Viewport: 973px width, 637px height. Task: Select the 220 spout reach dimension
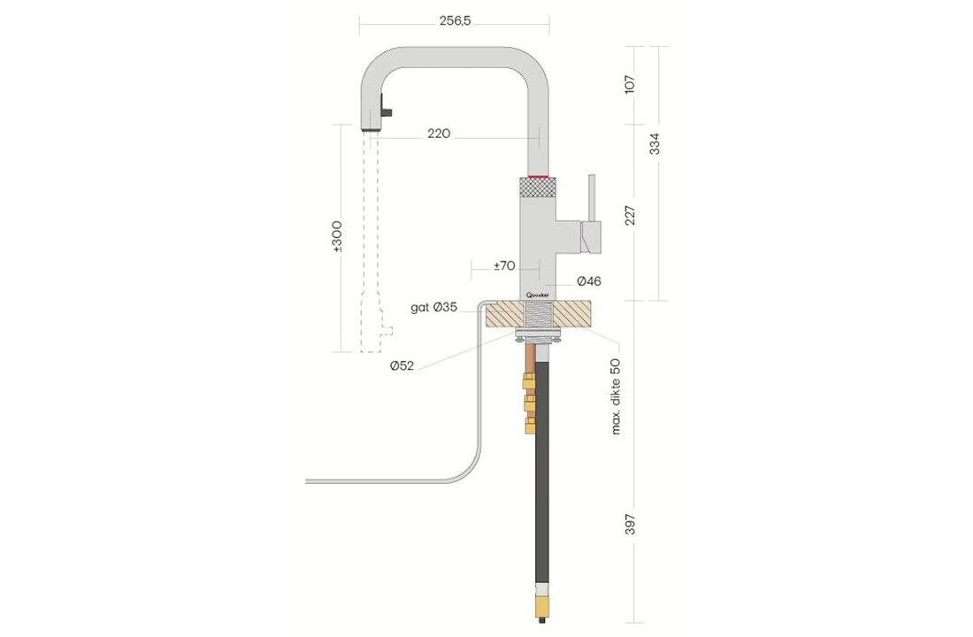(x=439, y=134)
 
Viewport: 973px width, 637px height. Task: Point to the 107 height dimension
(x=629, y=85)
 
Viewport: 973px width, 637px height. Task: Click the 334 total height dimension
(x=655, y=142)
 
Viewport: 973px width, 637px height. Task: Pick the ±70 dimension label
(x=504, y=265)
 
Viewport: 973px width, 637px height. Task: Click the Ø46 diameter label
(x=589, y=281)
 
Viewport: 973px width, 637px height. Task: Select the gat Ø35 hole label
(x=434, y=308)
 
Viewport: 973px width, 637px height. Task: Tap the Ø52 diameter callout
(x=401, y=365)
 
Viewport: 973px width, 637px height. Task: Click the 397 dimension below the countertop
(x=629, y=525)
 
